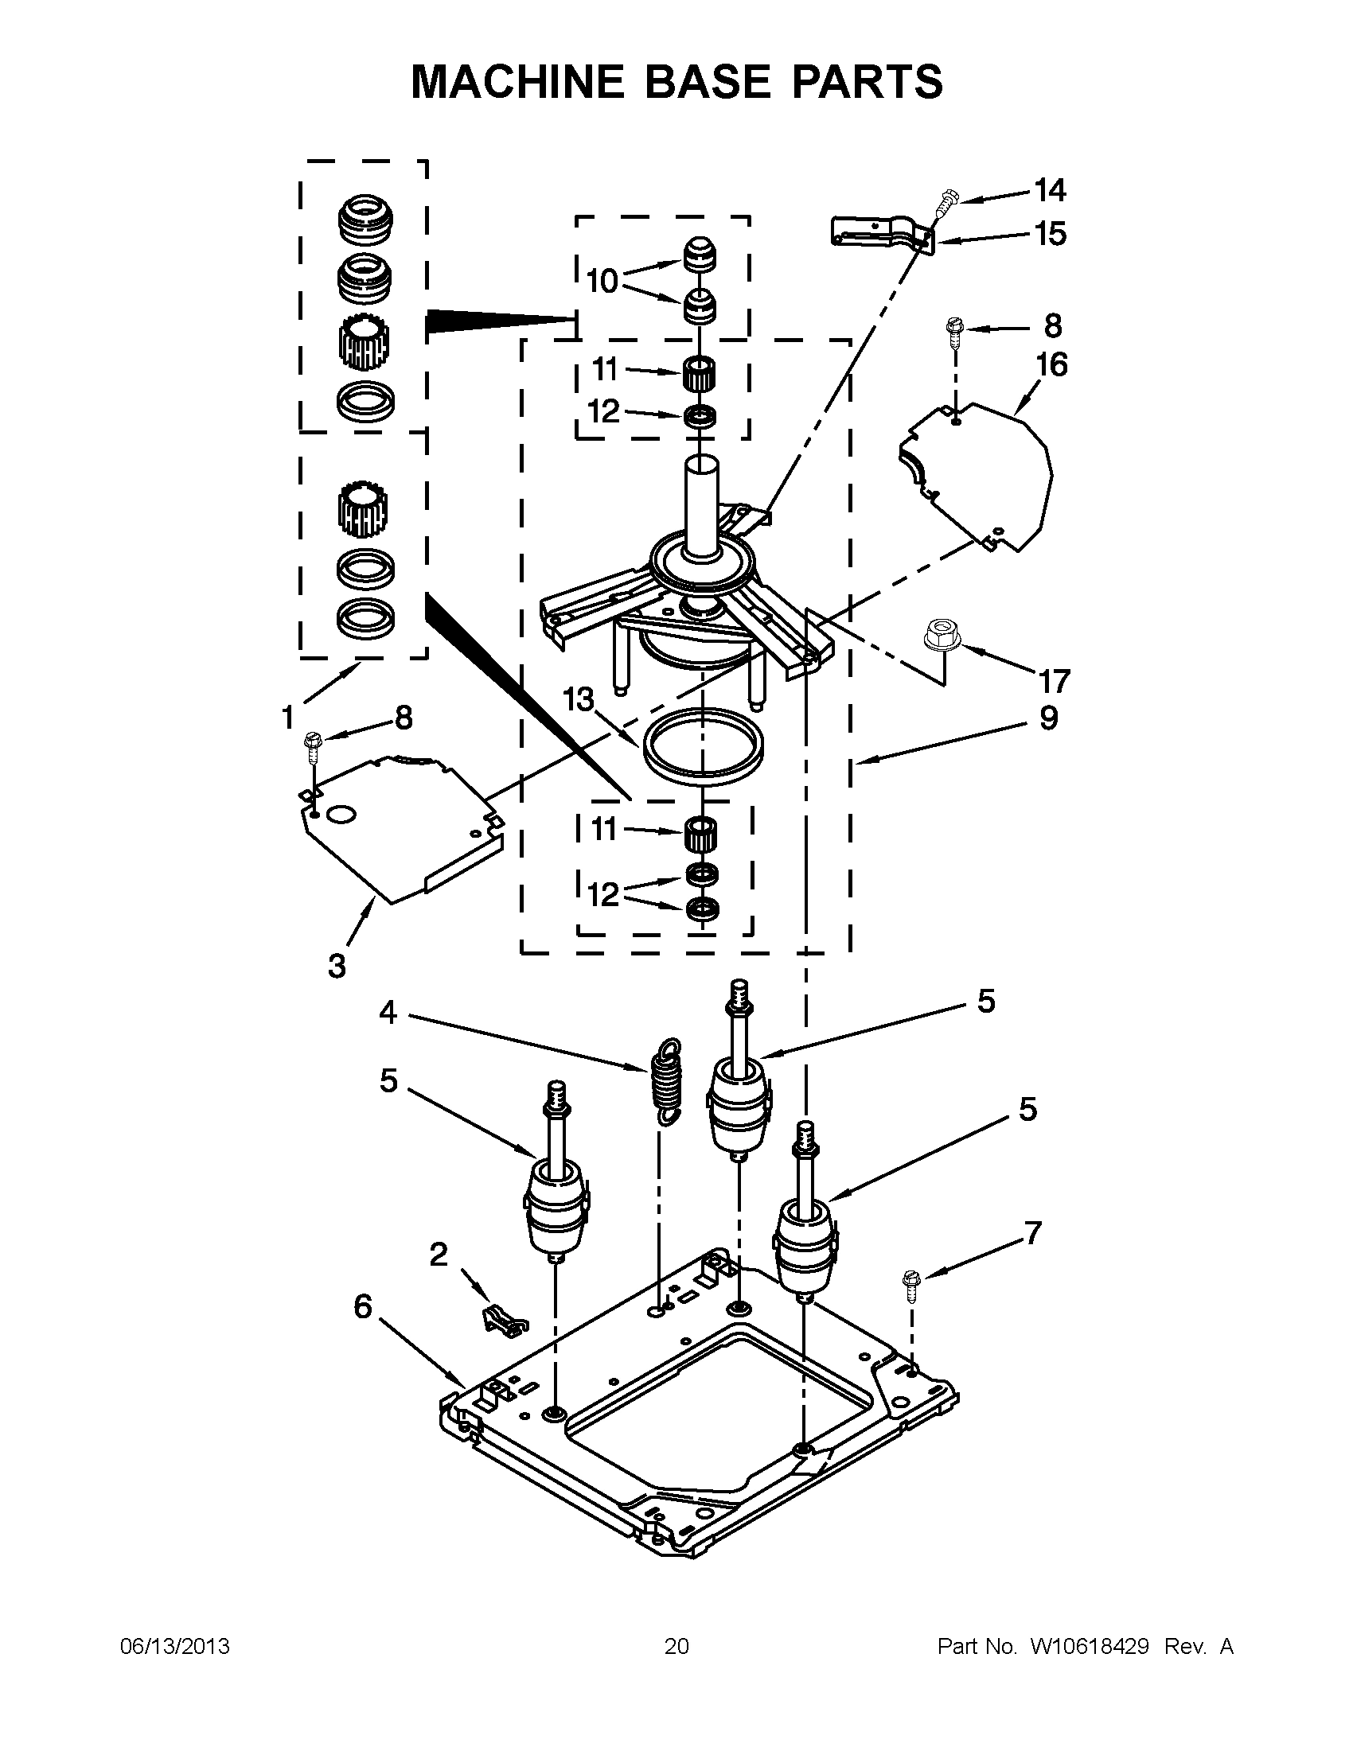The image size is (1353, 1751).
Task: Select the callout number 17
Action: click(x=1054, y=681)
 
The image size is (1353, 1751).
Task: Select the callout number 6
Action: click(x=363, y=1307)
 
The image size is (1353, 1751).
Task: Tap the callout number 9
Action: click(x=1048, y=718)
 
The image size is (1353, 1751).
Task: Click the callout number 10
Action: click(x=602, y=282)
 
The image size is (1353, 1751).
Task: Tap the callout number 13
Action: click(x=578, y=701)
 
